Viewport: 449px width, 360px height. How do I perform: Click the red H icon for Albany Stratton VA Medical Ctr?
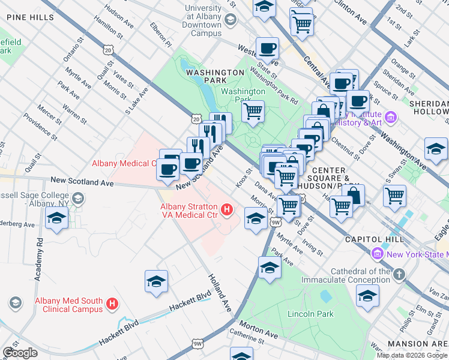(x=227, y=209)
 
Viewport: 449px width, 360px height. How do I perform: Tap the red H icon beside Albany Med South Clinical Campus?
(x=112, y=304)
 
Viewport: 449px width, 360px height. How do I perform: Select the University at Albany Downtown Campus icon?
(x=229, y=20)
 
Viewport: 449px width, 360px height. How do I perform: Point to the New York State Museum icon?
(x=377, y=254)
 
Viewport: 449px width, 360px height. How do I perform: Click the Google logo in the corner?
(x=20, y=353)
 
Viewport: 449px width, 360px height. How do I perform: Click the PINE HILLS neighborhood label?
(x=31, y=17)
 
